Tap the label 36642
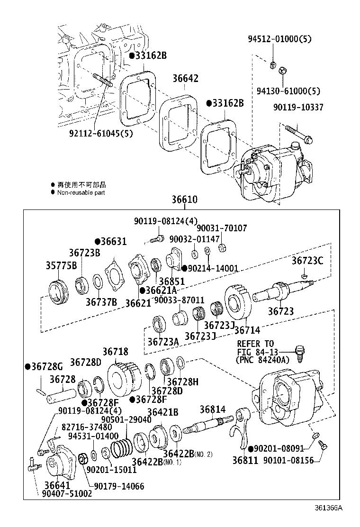pyautogui.click(x=185, y=79)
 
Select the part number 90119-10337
pyautogui.click(x=298, y=108)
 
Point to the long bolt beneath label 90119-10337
pyautogui.click(x=297, y=133)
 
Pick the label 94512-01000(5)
pyautogui.click(x=279, y=39)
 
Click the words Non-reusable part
pyautogui.click(x=81, y=192)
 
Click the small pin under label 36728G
pyautogui.click(x=41, y=391)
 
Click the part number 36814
pyautogui.click(x=212, y=409)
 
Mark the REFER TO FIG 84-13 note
pyautogui.click(x=262, y=352)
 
